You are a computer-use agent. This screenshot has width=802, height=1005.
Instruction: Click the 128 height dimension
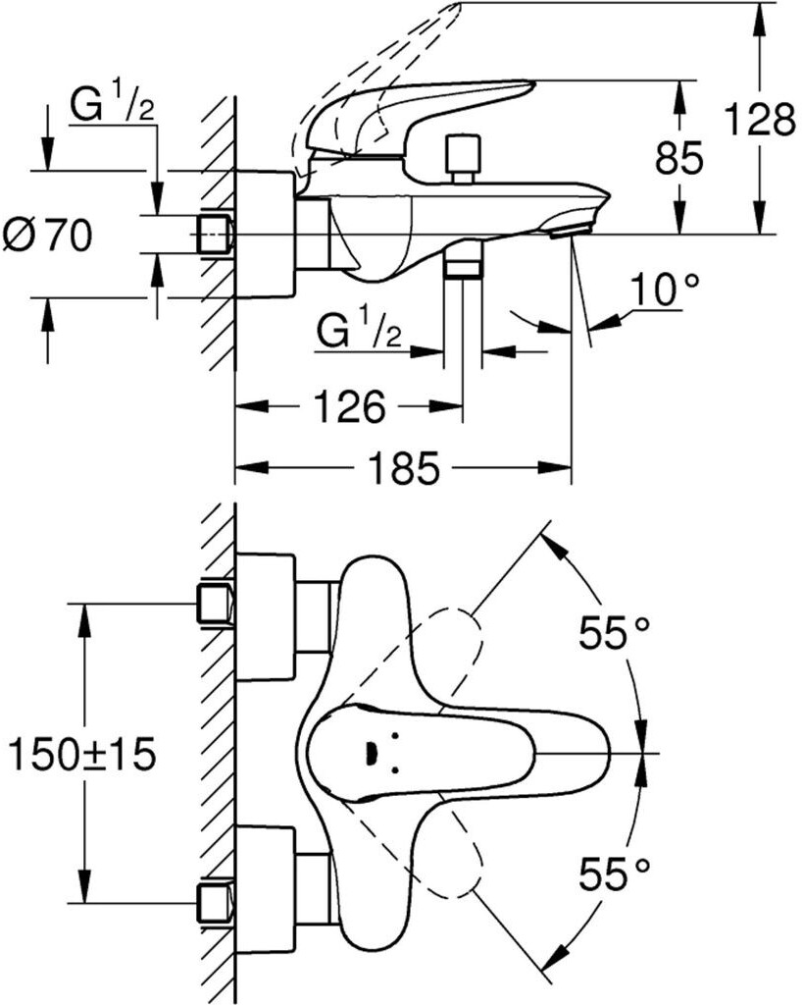760,119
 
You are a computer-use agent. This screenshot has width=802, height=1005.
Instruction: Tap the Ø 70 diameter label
48,236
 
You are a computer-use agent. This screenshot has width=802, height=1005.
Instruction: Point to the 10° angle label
664,290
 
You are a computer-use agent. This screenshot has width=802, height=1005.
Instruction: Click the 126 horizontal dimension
349,405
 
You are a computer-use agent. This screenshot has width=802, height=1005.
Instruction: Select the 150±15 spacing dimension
81,755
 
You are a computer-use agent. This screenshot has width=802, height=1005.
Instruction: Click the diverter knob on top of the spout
463,158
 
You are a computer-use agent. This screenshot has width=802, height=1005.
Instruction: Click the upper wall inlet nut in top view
215,604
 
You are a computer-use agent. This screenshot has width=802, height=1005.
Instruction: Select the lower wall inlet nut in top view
215,904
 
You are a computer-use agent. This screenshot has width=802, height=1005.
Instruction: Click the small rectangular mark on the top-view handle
370,754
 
